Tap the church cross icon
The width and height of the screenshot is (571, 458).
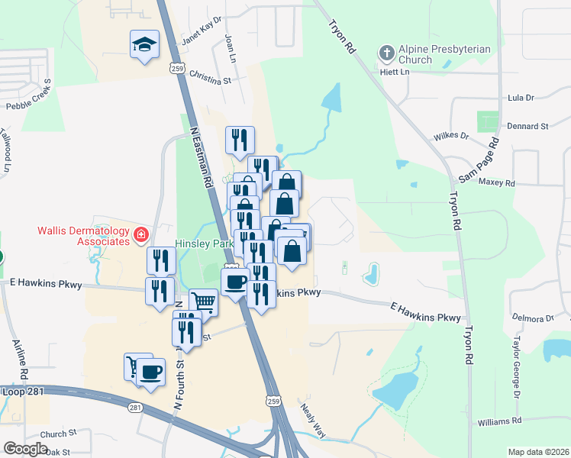(386, 53)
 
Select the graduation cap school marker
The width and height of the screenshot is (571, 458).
(144, 45)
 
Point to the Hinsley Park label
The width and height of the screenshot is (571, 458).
(203, 244)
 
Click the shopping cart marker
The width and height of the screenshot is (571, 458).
(203, 302)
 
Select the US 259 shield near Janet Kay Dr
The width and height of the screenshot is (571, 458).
(178, 68)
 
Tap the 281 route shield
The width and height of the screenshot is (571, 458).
(135, 408)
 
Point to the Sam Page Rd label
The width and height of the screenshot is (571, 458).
(479, 160)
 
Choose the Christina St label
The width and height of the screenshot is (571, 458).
(210, 79)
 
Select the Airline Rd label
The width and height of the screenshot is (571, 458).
(21, 361)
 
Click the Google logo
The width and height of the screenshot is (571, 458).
(26, 449)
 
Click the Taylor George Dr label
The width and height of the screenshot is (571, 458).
(518, 366)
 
